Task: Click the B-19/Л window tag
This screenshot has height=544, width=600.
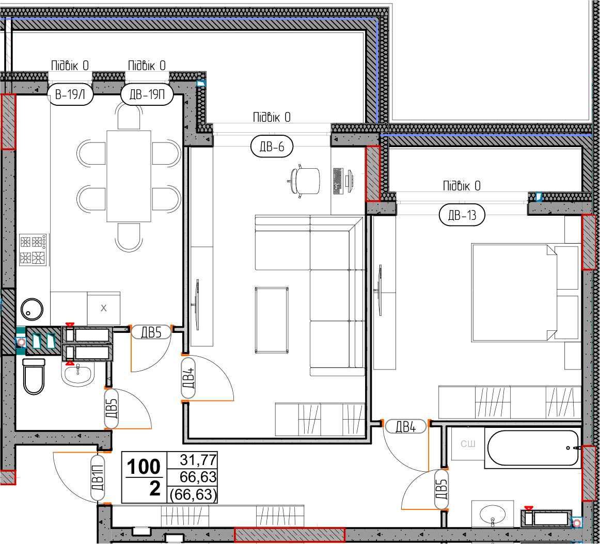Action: (x=70, y=94)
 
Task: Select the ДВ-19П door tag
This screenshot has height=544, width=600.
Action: (x=147, y=94)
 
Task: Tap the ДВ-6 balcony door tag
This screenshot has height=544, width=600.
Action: (x=272, y=147)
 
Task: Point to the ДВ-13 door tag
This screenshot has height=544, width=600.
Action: (x=462, y=215)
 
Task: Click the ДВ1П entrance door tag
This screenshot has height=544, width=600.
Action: (x=98, y=478)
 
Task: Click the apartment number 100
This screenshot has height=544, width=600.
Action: (x=144, y=467)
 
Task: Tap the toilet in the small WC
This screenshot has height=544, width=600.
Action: (x=34, y=376)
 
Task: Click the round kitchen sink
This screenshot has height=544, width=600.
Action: (x=32, y=309)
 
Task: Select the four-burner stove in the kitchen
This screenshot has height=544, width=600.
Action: (x=33, y=249)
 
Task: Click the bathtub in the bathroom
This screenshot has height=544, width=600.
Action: (x=533, y=448)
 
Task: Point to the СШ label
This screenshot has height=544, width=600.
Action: (x=468, y=444)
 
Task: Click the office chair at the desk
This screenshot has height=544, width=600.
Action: (x=304, y=180)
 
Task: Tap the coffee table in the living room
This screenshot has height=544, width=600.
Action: (x=272, y=320)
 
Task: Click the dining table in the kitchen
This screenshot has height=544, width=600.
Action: (x=129, y=177)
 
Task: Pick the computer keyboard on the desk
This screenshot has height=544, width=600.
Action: (x=338, y=181)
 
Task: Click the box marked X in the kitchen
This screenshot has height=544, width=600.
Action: (x=103, y=308)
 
